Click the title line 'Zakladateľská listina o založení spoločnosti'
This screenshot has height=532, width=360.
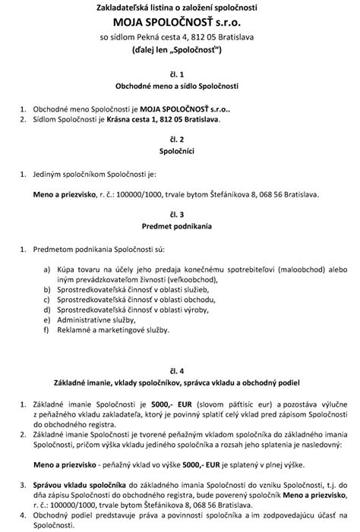point(180,8)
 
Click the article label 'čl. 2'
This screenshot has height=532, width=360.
point(180,140)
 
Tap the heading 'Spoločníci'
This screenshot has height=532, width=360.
point(180,153)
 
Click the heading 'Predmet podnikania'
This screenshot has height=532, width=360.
point(180,225)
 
